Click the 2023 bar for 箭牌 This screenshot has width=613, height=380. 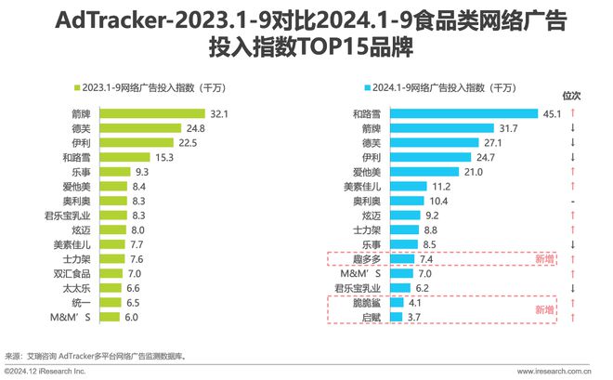tap(140, 113)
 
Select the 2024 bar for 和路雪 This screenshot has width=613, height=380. tap(464, 114)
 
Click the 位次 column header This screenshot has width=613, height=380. tap(572, 96)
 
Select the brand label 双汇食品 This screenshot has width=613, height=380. tap(75, 273)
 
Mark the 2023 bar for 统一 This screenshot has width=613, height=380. tap(110, 302)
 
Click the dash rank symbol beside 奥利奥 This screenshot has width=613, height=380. tap(572, 202)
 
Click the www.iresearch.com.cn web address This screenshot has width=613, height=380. tap(552, 370)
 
